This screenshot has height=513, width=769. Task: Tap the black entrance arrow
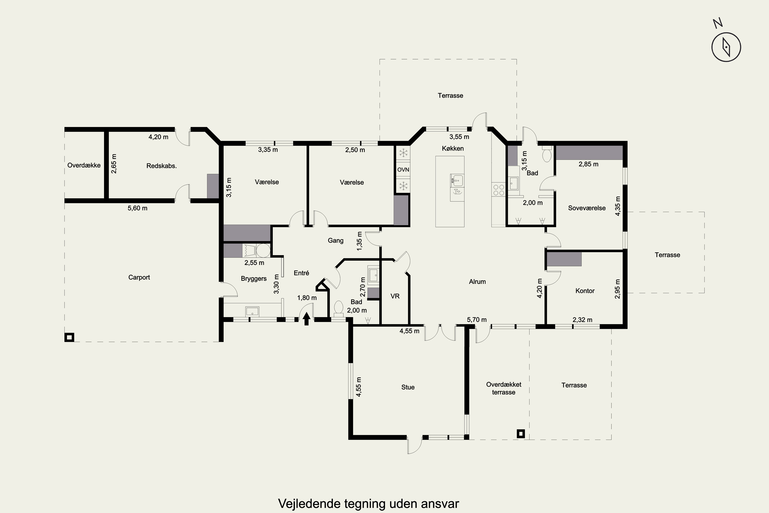[306, 319]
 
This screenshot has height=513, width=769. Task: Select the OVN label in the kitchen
[403, 170]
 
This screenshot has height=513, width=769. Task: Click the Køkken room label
[453, 149]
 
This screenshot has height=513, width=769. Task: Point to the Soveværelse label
[587, 208]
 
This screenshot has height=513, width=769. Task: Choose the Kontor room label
[585, 291]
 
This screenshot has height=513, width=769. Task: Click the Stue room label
[408, 387]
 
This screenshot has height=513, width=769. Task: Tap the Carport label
[139, 278]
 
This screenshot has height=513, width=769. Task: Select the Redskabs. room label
[161, 166]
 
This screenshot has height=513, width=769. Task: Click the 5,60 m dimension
[138, 208]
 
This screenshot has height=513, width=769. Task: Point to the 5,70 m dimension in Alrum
[477, 320]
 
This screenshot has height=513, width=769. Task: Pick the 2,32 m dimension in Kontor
[582, 320]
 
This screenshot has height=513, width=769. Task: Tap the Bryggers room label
[254, 279]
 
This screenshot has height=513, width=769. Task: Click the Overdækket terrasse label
[503, 388]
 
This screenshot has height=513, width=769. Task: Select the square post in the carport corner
[69, 337]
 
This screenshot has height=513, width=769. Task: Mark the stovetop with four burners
[499, 190]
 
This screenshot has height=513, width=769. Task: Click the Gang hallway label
[336, 241]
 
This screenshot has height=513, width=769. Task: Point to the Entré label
[301, 273]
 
